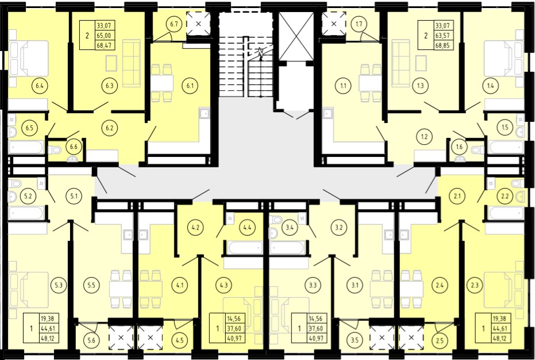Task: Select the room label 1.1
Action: click(343, 86)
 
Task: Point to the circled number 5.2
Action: click(28, 197)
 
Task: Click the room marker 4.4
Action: click(247, 227)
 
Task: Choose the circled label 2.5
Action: click(440, 340)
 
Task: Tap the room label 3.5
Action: click(355, 340)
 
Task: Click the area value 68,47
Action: click(106, 45)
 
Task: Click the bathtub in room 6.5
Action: click(26, 147)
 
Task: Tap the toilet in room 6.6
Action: click(55, 150)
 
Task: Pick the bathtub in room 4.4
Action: click(245, 248)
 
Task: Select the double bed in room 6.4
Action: click(29, 59)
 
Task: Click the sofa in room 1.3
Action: click(401, 63)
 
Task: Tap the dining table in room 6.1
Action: click(161, 83)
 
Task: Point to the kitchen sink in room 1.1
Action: click(328, 113)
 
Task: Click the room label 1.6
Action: click(459, 147)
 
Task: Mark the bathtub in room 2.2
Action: click(506, 213)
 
